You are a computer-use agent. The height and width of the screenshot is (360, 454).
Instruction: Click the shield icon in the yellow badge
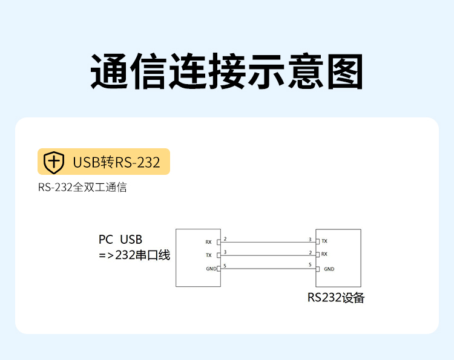coord(54,162)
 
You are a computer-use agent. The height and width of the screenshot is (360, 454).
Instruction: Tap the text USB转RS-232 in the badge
coord(116,162)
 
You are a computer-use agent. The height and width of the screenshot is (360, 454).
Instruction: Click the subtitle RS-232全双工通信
coord(82,188)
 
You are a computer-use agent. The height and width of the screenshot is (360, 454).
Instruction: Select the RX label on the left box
coord(209,242)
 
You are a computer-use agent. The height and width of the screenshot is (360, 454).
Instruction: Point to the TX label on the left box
coord(209,255)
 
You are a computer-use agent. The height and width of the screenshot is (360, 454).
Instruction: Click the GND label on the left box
coord(210,269)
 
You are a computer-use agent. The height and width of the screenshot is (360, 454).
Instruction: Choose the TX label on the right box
coord(324,241)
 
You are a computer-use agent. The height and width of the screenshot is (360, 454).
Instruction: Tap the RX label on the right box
coord(324,254)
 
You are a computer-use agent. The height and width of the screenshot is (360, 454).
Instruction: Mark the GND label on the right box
coord(329,269)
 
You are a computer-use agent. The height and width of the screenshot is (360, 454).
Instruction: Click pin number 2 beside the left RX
coord(225,239)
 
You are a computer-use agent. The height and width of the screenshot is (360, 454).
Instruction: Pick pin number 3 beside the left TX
coord(225,252)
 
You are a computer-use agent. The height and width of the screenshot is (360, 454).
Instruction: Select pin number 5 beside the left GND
coord(225,266)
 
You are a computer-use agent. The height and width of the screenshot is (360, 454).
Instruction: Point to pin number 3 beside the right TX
coord(310,239)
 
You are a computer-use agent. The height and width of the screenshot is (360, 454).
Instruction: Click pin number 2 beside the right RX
coord(310,252)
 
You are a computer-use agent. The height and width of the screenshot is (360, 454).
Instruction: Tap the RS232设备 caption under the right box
coord(336,298)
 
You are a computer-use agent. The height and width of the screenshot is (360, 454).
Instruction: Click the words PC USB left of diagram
coord(120,240)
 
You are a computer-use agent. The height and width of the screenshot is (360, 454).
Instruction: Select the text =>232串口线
coord(134,255)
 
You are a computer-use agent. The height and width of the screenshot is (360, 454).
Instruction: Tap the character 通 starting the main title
coord(110,72)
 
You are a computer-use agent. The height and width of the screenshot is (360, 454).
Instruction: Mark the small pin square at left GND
coord(219,269)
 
